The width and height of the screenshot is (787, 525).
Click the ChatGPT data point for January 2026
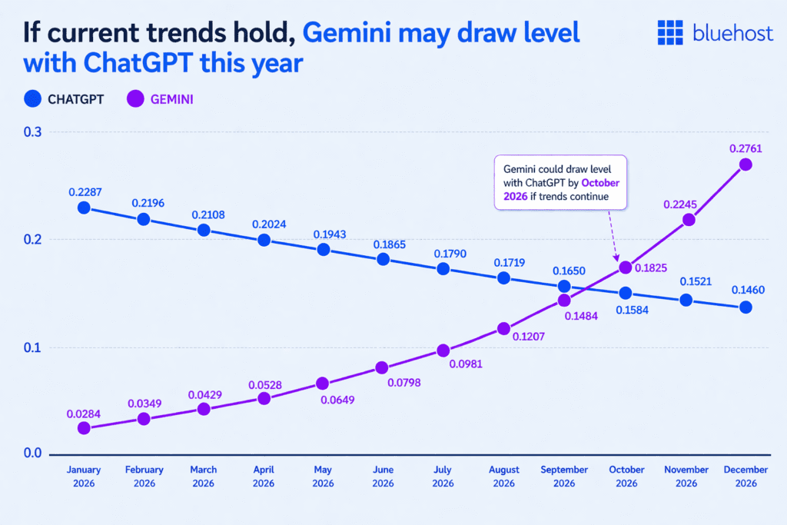click(84, 208)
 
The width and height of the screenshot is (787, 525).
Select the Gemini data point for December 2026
click(745, 164)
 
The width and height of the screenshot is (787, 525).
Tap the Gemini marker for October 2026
click(625, 267)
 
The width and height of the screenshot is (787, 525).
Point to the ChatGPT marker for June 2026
click(383, 259)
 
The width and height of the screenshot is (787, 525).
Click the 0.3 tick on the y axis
click(33, 133)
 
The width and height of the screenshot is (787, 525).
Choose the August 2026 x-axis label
click(503, 476)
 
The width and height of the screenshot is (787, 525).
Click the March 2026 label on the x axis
click(204, 476)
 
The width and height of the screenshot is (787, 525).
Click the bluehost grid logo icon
click(670, 32)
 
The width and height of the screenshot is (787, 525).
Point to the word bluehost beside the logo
click(729, 32)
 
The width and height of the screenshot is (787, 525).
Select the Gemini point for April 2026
click(264, 398)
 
